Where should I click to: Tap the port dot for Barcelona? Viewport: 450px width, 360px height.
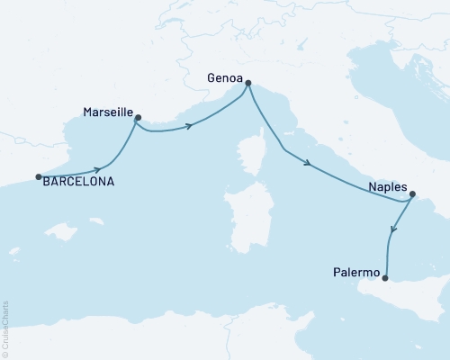point(38,176)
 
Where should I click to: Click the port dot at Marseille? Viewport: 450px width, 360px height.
point(138,117)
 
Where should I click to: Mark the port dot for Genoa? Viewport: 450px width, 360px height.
point(247,85)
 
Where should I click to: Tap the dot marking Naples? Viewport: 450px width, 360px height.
point(412,193)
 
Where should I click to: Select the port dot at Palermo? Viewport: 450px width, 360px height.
point(385,277)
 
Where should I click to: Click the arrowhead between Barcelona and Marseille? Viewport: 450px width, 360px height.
point(97,168)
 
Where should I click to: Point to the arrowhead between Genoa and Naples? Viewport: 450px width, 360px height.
point(309,164)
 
